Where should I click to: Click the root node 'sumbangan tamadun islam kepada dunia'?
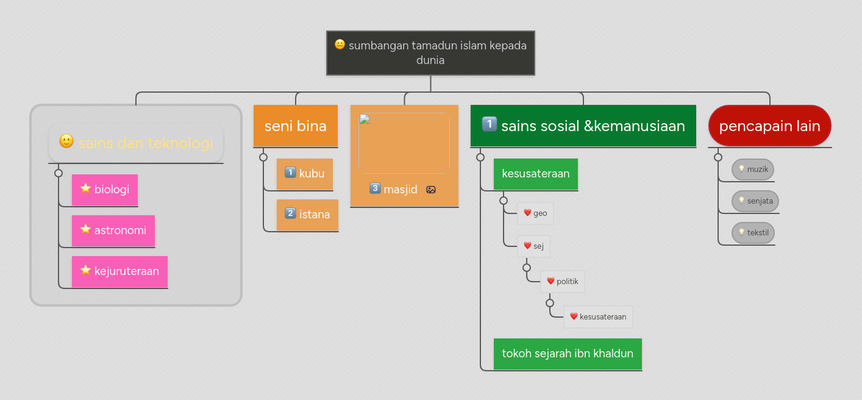430,53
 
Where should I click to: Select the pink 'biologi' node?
105,190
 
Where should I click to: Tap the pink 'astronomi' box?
113,230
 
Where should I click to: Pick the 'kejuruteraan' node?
119,271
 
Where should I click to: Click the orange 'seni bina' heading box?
296,126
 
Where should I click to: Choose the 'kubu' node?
305,174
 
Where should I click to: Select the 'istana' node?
307,215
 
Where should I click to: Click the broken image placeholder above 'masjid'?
404,143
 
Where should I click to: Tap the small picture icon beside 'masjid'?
431,190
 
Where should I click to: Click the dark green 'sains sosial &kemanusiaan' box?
583,126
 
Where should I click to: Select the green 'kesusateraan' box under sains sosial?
536,174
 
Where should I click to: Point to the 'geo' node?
535,213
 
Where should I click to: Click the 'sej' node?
533,246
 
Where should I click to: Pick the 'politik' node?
562,282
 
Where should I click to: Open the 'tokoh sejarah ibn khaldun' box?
568,354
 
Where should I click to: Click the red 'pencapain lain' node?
769,126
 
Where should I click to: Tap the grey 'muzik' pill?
753,170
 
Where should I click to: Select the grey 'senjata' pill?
755,201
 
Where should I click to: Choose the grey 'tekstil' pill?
753,233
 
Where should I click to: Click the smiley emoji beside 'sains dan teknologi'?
66,141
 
